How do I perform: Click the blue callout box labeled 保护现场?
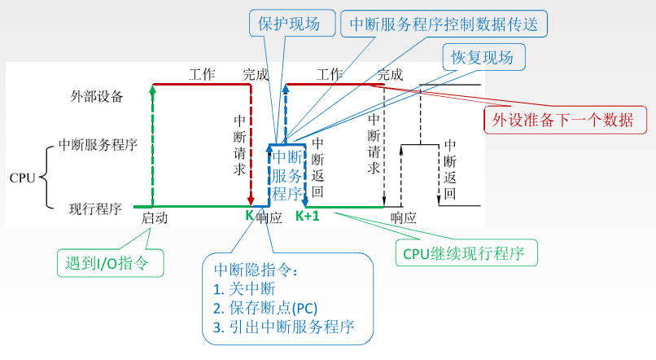pyautogui.click(x=285, y=22)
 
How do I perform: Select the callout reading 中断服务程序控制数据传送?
pyautogui.click(x=444, y=23)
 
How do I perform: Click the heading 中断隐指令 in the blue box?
pyautogui.click(x=256, y=270)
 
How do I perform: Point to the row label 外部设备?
pyautogui.click(x=97, y=96)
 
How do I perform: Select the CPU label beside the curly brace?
pyautogui.click(x=21, y=177)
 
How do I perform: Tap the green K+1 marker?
pyautogui.click(x=308, y=216)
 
